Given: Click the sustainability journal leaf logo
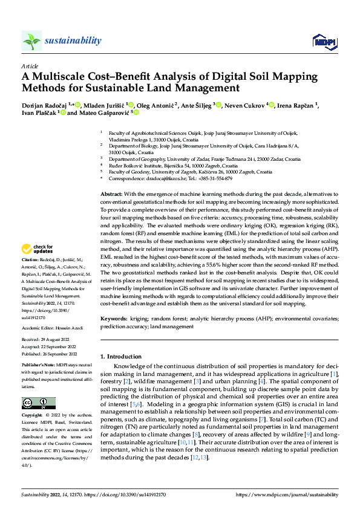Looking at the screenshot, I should [x=31, y=41].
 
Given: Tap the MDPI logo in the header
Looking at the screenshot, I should [x=324, y=41].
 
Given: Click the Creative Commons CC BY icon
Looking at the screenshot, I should [x=38, y=403].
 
